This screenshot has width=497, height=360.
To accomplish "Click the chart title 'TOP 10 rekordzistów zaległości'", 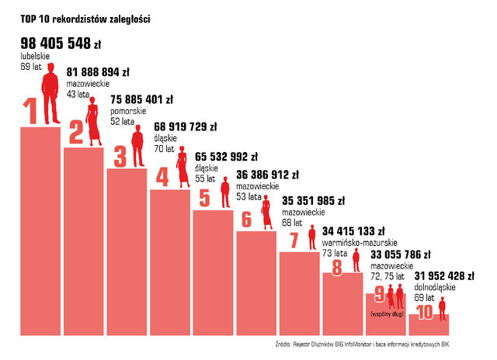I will tap(85, 17).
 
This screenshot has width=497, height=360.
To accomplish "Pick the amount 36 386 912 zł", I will tap(277, 176).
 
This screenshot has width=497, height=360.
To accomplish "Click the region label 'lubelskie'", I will tap(34, 56).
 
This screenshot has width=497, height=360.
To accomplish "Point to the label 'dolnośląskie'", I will tap(434, 287).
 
